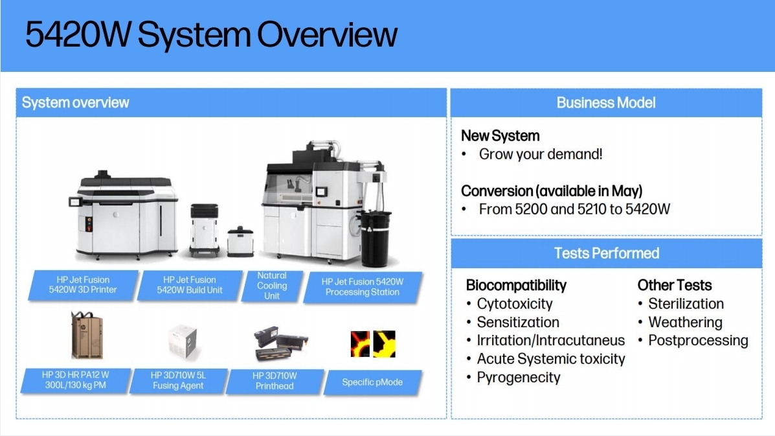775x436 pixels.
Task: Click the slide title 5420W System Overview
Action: [211, 34]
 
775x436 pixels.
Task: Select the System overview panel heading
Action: [75, 102]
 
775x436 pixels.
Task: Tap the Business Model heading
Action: [606, 102]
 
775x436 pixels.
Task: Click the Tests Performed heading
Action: [607, 253]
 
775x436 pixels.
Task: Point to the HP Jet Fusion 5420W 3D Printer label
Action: [83, 285]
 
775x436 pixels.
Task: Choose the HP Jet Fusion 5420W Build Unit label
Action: [190, 285]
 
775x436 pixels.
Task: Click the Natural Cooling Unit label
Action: [272, 286]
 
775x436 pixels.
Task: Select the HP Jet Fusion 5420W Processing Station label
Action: [363, 287]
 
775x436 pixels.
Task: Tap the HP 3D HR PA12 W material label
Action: [76, 380]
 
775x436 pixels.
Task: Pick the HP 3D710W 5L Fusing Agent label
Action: [178, 381]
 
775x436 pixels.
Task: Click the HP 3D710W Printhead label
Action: [275, 381]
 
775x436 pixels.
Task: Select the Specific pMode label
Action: [372, 382]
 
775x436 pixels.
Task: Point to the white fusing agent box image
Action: [182, 341]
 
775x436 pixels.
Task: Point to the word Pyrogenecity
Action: [519, 378]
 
